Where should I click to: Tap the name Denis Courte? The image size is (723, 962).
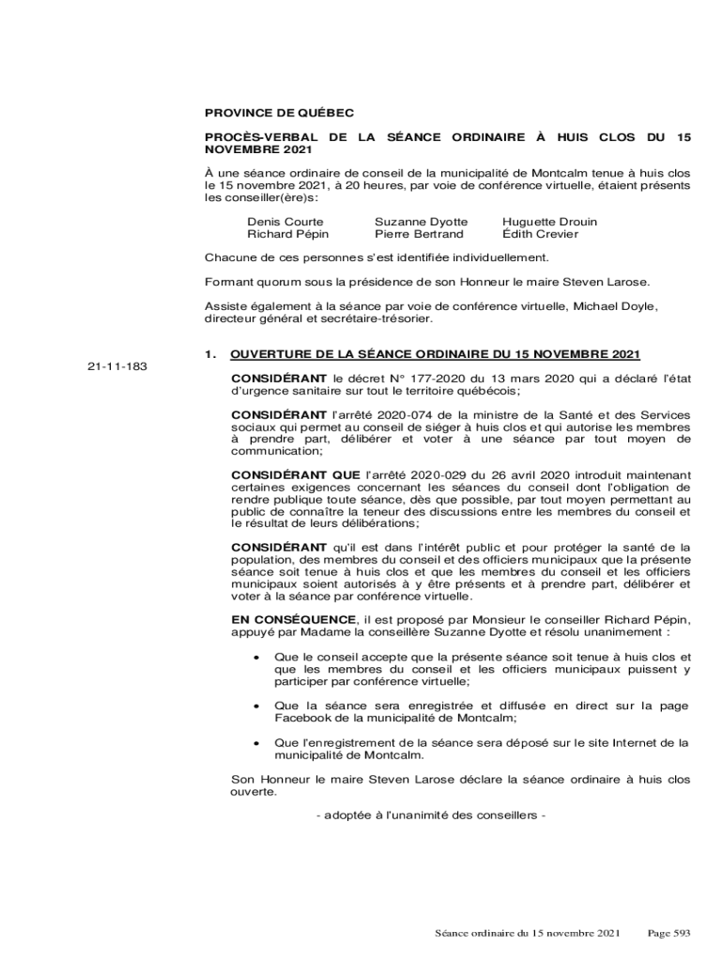point(279,222)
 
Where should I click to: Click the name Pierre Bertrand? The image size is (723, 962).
point(419,234)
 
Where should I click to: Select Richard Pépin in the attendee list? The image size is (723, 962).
point(282,234)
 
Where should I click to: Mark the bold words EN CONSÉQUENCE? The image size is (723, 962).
point(293,619)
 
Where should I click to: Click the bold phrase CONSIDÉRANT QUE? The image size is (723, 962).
point(289,475)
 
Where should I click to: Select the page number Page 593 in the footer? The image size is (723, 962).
point(669,933)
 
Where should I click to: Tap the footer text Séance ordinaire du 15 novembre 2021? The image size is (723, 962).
point(528,933)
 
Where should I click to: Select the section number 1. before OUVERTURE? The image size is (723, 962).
point(211,354)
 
